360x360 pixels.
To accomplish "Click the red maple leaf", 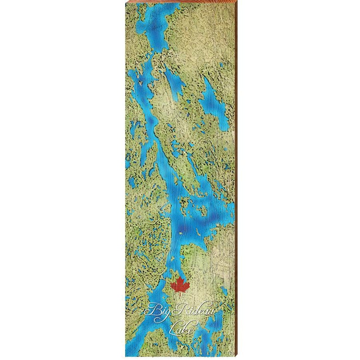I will click(180, 285).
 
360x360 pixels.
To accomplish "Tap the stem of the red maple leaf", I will click(180, 294).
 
